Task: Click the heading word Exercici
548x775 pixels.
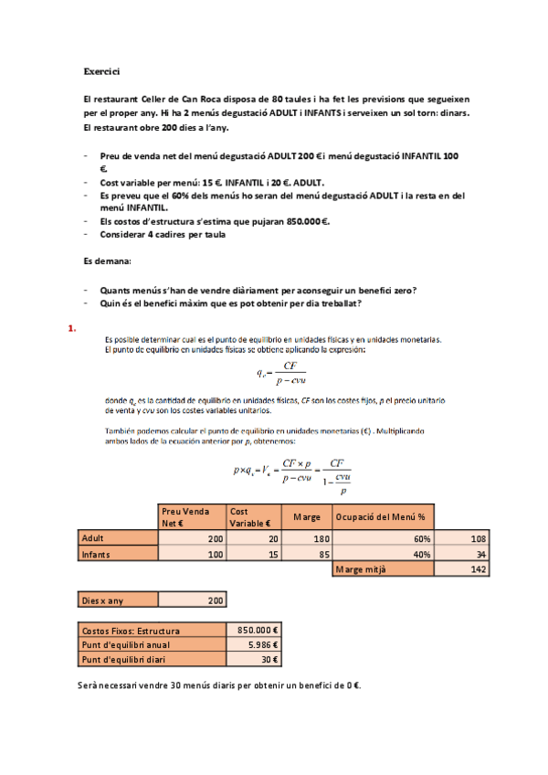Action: pyautogui.click(x=101, y=70)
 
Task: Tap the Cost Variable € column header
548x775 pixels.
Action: pyautogui.click(x=254, y=517)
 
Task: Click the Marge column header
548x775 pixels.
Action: pyautogui.click(x=307, y=517)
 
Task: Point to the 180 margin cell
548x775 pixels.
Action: pyautogui.click(x=307, y=539)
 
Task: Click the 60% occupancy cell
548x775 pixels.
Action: pyautogui.click(x=385, y=539)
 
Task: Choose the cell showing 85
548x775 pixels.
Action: pyautogui.click(x=307, y=554)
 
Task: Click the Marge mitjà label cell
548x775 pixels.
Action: pyautogui.click(x=385, y=569)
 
